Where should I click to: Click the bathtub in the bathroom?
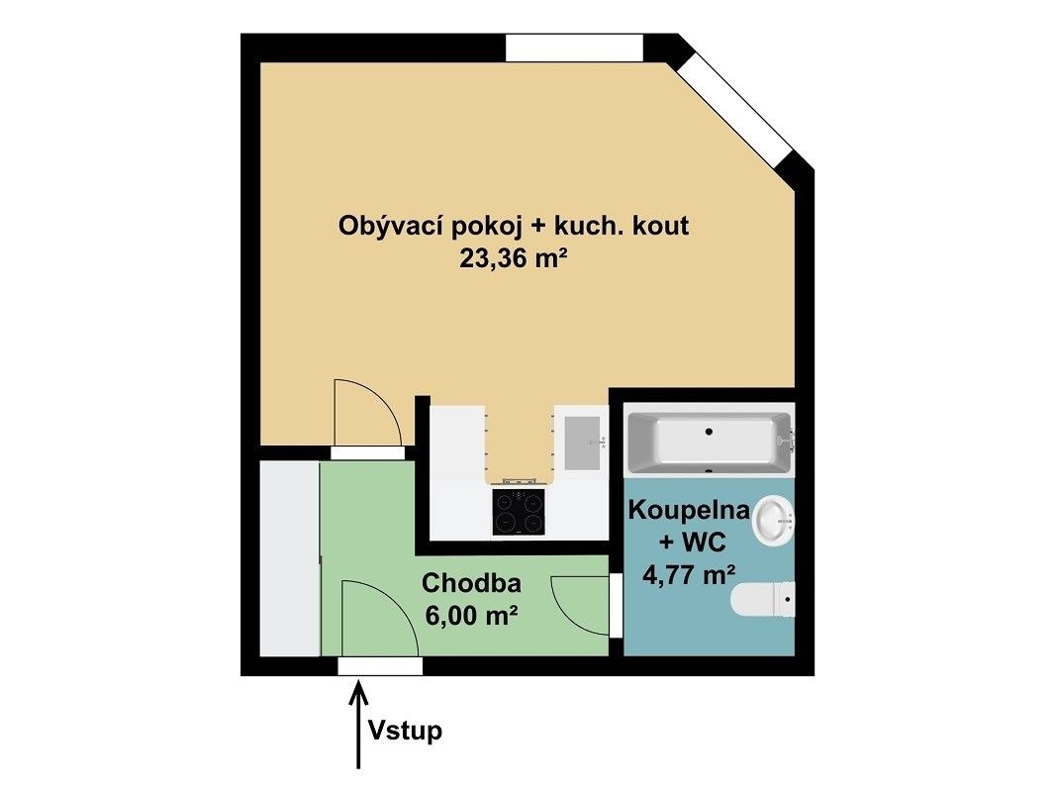click(710, 442)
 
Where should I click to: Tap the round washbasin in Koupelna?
click(774, 520)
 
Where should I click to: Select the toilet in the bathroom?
click(762, 599)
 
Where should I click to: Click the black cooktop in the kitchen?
click(518, 511)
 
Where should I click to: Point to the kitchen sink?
click(582, 443)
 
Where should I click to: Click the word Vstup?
click(405, 730)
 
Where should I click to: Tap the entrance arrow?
click(358, 724)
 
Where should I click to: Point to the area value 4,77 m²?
click(689, 574)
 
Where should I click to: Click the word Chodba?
click(471, 583)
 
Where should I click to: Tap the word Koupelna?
click(688, 510)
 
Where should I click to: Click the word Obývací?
click(390, 226)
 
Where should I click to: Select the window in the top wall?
click(574, 48)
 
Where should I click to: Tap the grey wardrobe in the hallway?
click(290, 557)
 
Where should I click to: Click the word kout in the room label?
click(662, 226)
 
